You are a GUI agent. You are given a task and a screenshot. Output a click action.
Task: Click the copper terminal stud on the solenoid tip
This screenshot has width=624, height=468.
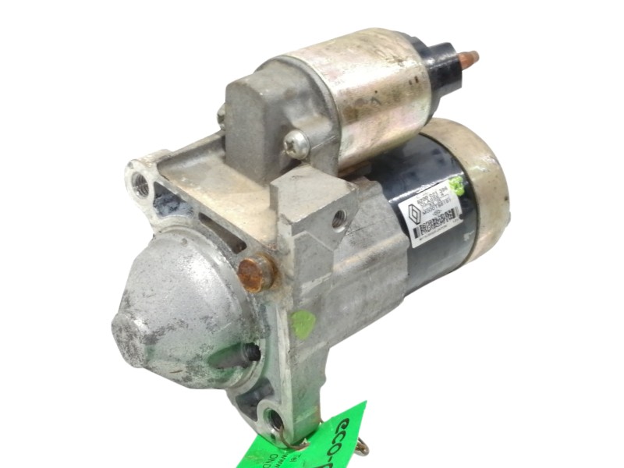467,58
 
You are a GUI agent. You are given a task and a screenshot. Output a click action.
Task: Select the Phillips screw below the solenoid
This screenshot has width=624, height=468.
297,143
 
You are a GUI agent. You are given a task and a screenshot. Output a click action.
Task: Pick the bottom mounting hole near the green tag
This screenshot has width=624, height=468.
275,419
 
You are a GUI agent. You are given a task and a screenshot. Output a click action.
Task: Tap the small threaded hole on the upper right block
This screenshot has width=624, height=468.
338,220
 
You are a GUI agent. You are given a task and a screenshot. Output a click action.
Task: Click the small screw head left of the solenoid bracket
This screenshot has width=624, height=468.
222,115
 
